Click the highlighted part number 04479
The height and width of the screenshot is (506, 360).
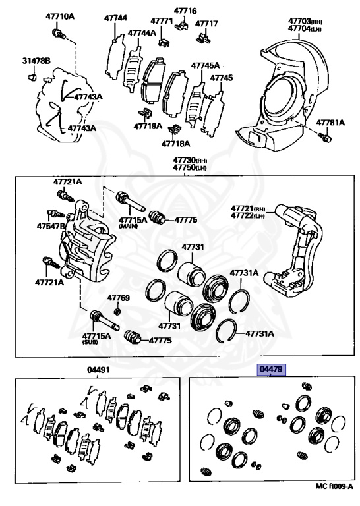271,370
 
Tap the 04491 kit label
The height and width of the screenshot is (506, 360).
98,370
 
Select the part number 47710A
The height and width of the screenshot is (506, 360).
60,16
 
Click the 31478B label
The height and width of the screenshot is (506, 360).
36,61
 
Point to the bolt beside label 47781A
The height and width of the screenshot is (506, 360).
326,137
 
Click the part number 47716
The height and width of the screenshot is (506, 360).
185,11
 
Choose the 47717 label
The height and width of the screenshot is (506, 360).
206,24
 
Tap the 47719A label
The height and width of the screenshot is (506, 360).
148,126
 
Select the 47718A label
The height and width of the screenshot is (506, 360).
176,143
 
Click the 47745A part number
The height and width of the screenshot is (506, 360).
205,65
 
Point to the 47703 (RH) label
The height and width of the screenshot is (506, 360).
305,21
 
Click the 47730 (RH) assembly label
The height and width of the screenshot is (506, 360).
190,160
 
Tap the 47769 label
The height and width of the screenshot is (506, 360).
119,298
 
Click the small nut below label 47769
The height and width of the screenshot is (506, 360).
118,312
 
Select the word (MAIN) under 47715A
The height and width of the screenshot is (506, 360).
129,227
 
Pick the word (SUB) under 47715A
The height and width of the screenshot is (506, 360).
90,342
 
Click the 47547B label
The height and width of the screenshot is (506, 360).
51,226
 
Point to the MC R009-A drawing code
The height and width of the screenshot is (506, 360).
334,495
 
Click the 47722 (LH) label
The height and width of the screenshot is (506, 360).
248,215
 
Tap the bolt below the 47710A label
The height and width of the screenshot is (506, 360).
59,34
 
